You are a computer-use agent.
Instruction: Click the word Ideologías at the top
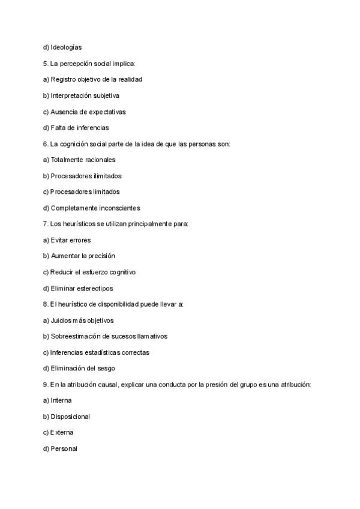(x=66, y=47)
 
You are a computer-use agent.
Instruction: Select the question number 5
(x=46, y=63)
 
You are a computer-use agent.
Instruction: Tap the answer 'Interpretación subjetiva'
(x=85, y=95)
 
